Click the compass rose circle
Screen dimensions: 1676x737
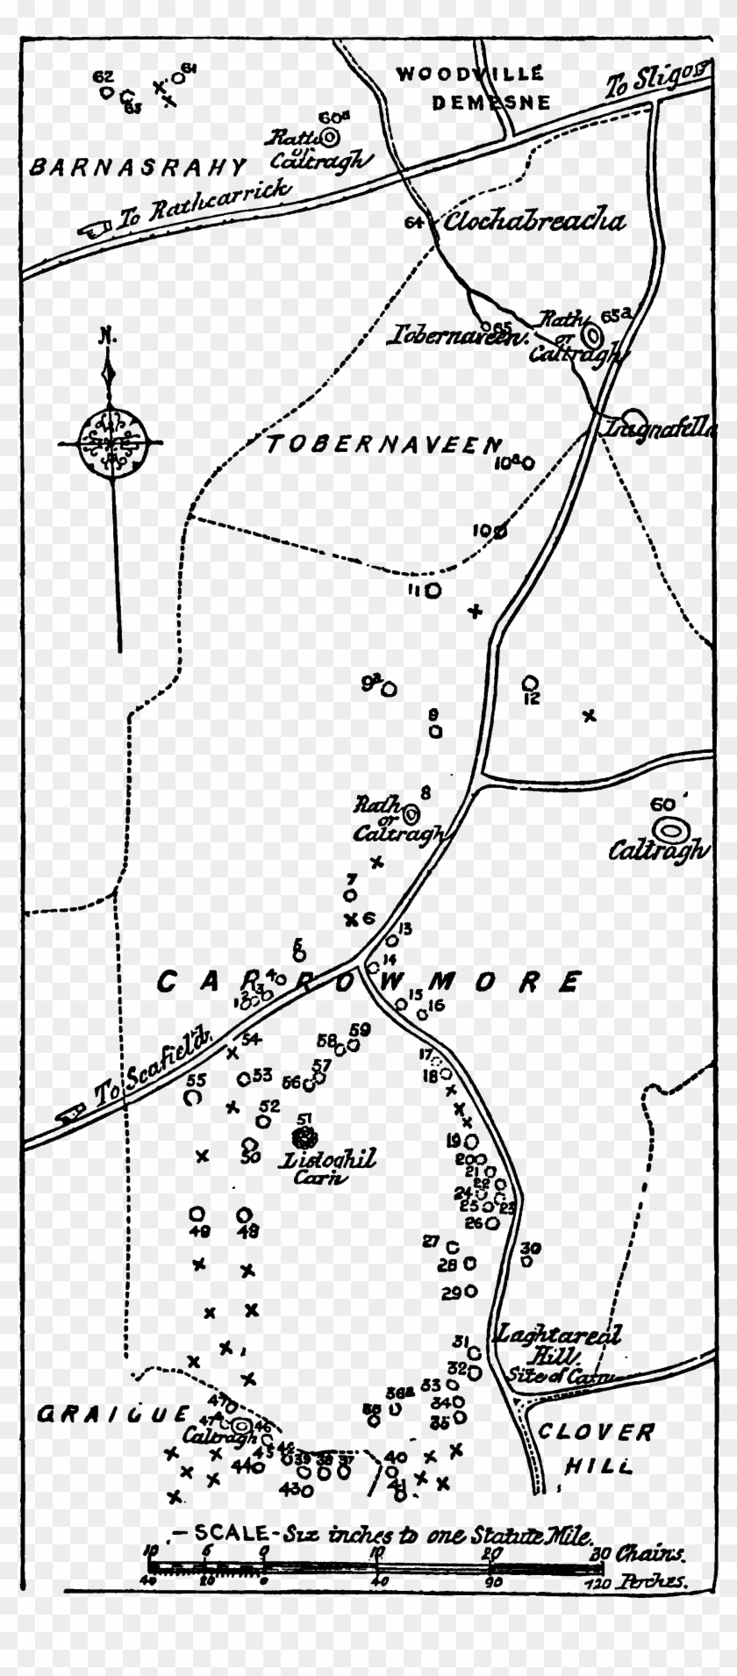tap(110, 442)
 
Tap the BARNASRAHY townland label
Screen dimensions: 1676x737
tap(139, 166)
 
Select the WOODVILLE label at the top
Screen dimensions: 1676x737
tap(469, 74)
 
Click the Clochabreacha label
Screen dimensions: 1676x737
tap(535, 221)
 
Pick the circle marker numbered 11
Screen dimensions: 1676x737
tap(433, 591)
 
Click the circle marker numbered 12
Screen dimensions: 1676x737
tap(529, 682)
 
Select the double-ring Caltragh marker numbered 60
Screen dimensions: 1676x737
tap(671, 827)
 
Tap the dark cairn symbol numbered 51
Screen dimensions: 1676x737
tap(305, 1139)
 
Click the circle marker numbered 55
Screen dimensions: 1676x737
tap(193, 1096)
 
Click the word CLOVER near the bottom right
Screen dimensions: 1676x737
tap(597, 1433)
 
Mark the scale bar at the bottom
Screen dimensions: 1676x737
tap(373, 1565)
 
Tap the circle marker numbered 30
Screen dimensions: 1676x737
tap(527, 1261)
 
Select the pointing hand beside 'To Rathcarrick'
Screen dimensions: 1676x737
tap(93, 230)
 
